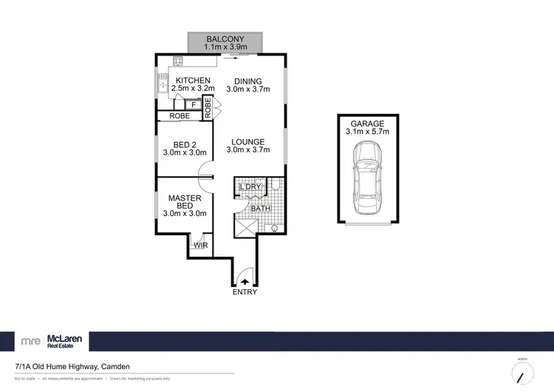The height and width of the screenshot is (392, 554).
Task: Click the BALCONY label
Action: [x=225, y=38]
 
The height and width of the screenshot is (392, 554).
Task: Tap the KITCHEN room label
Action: [x=193, y=81]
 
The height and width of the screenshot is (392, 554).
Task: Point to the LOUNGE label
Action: [x=248, y=142]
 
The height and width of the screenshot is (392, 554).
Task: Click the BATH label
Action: [x=259, y=209]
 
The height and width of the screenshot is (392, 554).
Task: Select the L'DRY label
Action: [x=251, y=187]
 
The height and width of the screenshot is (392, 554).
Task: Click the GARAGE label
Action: [x=367, y=124]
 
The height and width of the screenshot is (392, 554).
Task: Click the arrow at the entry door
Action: [x=245, y=281]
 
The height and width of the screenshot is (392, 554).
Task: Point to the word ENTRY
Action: [x=245, y=292]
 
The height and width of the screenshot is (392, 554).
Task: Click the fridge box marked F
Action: [x=193, y=106]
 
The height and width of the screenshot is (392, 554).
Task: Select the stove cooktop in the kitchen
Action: [x=178, y=61]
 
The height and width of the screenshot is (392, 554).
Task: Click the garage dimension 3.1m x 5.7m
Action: [x=367, y=132]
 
